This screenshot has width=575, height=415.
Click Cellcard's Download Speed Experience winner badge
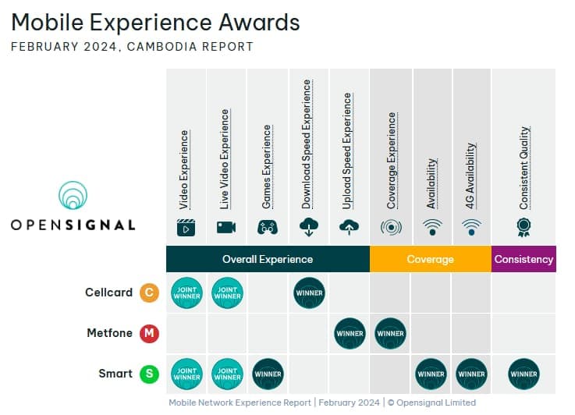coord(309,293)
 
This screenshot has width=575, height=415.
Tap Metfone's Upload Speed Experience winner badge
coord(350,333)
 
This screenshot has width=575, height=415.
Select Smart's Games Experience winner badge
coord(268,374)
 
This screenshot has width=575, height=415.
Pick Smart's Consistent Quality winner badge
coord(524,374)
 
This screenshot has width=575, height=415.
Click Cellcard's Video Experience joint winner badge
coord(186,293)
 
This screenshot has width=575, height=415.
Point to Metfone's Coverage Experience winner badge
coord(391,333)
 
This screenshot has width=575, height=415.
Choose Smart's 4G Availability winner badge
coord(471,374)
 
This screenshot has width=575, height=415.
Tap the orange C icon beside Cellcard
coord(149,293)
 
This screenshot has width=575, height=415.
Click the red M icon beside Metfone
coord(149,333)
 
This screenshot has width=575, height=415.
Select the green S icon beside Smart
coord(149,374)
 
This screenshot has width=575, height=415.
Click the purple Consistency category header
coord(524,259)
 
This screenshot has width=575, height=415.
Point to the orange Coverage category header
coord(431,259)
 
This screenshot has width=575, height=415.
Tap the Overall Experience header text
coord(268,259)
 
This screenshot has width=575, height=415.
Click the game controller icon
coord(268,228)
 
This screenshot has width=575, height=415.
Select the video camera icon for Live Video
coord(226,227)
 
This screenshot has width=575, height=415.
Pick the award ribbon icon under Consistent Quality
coord(524,228)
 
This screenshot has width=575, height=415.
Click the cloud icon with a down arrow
coord(309,227)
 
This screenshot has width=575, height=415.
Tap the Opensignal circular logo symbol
coord(73,195)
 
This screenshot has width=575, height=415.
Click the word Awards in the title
coord(259,22)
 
